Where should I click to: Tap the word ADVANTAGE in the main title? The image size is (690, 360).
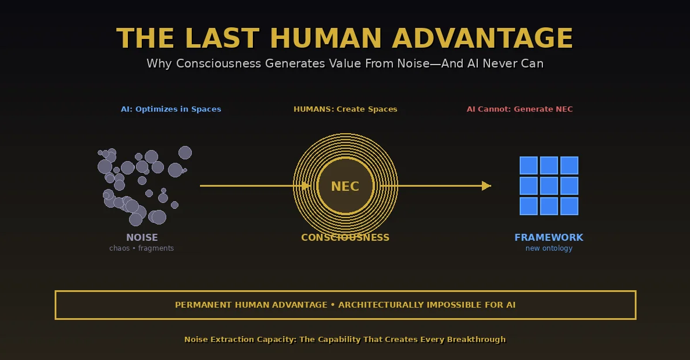(482, 38)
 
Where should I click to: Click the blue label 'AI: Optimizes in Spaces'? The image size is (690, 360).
(171, 109)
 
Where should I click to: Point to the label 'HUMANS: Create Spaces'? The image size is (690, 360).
(345, 109)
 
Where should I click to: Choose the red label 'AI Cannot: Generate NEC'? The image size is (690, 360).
(520, 109)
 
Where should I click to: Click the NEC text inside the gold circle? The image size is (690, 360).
(345, 187)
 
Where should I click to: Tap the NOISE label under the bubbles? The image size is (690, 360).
(142, 237)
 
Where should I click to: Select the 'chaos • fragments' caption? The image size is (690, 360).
(141, 248)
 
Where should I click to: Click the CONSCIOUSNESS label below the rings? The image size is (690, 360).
(345, 237)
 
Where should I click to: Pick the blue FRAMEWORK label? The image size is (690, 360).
(549, 237)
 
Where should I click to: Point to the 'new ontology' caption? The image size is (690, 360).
(549, 248)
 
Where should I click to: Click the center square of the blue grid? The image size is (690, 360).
(549, 186)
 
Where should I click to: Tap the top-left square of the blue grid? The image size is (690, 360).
(528, 166)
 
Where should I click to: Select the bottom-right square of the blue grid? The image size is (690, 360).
(569, 206)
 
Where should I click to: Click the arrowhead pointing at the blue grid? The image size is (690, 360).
(487, 186)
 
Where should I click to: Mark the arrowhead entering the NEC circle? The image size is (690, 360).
(306, 186)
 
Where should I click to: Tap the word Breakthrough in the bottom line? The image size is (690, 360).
(476, 340)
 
